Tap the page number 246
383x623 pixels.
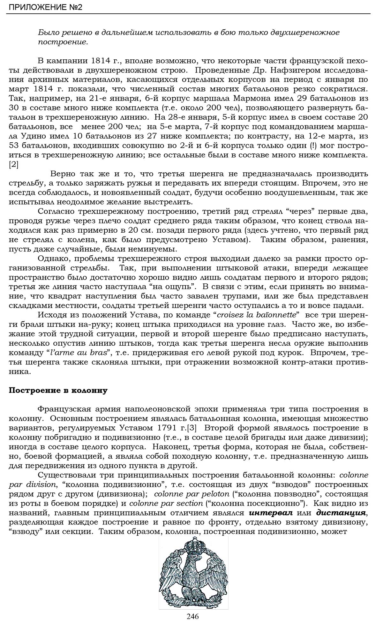pyautogui.click(x=193, y=616)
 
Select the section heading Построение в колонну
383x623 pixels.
pyautogui.click(x=58, y=390)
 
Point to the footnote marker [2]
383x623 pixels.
pyautogui.click(x=14, y=165)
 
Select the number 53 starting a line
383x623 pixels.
pyautogui.click(x=14, y=146)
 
